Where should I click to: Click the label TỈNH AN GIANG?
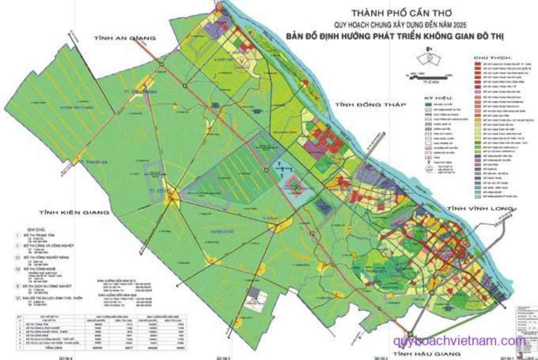[x=125, y=38]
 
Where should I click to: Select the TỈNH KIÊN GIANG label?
[x=74, y=212]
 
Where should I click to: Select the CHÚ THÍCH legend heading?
[x=493, y=58]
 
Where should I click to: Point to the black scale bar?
[x=426, y=76]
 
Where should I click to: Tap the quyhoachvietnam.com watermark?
[x=459, y=341]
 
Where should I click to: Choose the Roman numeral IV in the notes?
[x=17, y=268]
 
